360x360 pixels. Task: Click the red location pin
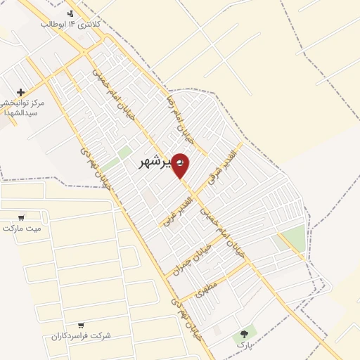[x=180, y=165]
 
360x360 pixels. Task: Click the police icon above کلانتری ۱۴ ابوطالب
[x=70, y=13]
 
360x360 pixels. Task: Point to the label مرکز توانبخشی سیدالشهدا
[x=22, y=108]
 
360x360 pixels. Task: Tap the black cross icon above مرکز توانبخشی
[x=20, y=92]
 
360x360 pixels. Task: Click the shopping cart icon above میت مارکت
[x=22, y=217]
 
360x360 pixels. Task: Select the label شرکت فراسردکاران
[x=81, y=335]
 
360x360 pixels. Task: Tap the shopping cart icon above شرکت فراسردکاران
[x=81, y=325]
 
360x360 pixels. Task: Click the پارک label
[x=243, y=345]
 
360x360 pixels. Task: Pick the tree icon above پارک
[x=244, y=334]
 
